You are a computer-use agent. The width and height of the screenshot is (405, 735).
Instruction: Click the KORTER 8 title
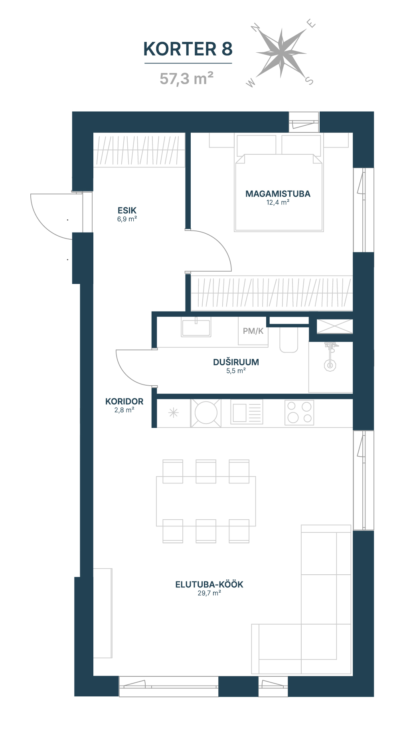pos(188,49)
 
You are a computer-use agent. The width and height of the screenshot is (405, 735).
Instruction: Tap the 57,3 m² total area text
pos(186,79)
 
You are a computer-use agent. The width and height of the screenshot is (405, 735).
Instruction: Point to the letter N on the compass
pos(255,28)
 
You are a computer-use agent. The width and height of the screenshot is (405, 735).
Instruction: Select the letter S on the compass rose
pos(309,81)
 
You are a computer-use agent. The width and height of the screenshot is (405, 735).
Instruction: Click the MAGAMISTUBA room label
pos(278,194)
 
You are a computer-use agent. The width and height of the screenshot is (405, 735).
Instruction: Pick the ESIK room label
pos(127,210)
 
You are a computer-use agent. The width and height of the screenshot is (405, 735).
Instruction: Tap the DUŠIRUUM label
pos(236,362)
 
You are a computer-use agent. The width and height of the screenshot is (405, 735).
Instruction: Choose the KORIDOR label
pos(124,402)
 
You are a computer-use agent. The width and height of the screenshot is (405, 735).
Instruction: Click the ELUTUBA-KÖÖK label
pos(209,585)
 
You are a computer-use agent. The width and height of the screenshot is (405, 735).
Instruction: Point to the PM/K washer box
pos(253,331)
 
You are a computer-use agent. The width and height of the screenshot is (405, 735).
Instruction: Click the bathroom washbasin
pos(196,327)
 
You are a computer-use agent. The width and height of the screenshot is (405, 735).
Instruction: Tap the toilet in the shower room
pos(289,339)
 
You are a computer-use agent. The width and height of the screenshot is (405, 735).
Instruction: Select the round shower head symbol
pos(330,365)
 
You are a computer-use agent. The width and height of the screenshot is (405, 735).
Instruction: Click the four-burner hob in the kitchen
pos(299,412)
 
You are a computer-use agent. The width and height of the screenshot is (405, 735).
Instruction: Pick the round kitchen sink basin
pos(206,413)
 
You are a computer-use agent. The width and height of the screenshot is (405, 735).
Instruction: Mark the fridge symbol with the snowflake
pos(174,413)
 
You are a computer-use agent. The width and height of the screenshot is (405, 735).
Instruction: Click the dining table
pos(206,501)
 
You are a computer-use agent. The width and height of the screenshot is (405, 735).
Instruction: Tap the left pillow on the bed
pos(256,145)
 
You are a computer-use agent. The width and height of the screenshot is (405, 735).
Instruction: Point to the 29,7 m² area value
pos(209,593)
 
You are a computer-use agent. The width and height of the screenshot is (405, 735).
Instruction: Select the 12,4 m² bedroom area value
pos(278,203)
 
